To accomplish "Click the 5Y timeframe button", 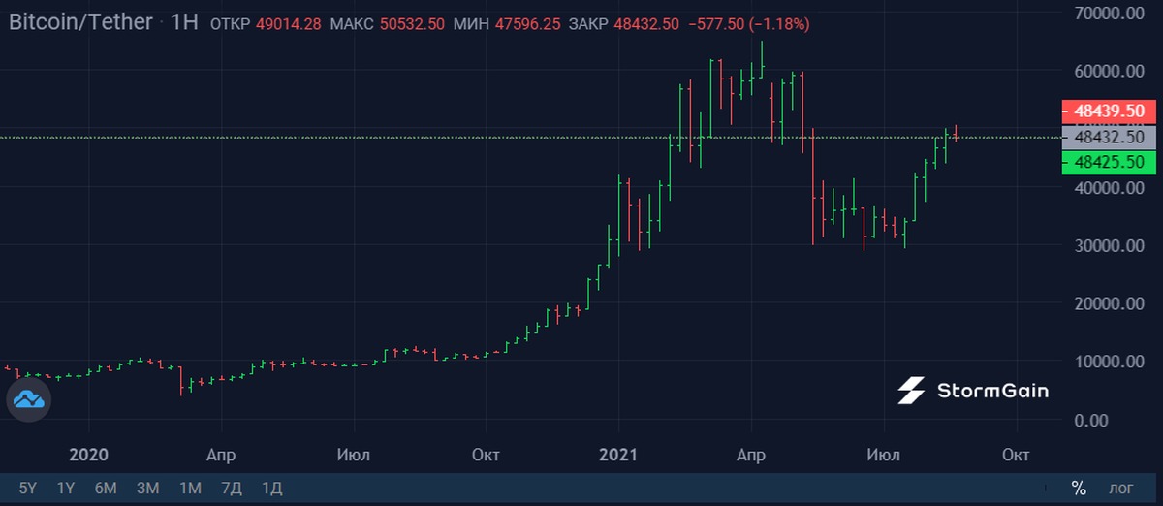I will [x=28, y=488].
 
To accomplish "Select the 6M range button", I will [x=106, y=488].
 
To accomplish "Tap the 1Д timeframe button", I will [x=272, y=488].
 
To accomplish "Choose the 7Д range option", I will [x=232, y=488].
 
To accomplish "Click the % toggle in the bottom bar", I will [x=1079, y=488].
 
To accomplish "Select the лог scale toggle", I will [x=1121, y=488].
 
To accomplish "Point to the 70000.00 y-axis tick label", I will [x=1105, y=14].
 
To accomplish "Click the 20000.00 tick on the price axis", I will [x=1105, y=303].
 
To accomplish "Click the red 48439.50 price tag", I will [x=1110, y=111].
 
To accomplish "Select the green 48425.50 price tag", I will [x=1110, y=162].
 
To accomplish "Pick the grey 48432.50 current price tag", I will [x=1110, y=138].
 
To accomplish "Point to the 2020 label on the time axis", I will [x=89, y=455].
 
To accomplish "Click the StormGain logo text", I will [x=991, y=391].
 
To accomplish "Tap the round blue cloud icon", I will [x=28, y=399].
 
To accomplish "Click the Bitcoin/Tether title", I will [x=80, y=22].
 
